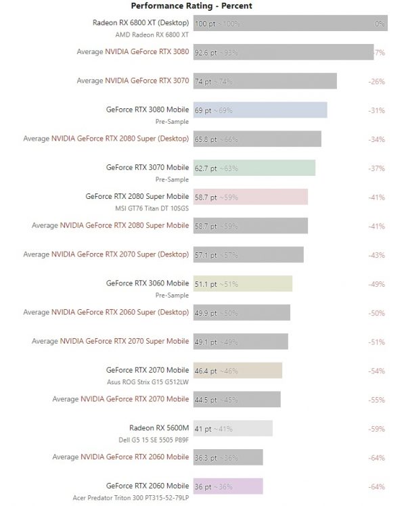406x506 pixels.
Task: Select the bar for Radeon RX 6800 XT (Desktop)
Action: click(x=290, y=24)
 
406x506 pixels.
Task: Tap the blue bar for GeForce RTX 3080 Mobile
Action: click(x=260, y=110)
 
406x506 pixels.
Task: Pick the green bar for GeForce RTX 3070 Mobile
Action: click(x=254, y=168)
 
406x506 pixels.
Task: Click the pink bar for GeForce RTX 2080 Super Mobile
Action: click(x=250, y=197)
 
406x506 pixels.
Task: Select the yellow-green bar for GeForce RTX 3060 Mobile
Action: click(x=242, y=284)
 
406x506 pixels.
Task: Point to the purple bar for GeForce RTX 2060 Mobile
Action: click(x=227, y=486)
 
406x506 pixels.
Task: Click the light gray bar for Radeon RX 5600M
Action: click(x=233, y=428)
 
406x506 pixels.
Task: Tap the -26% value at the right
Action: click(x=376, y=82)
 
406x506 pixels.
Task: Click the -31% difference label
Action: click(x=376, y=110)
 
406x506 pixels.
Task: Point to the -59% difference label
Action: click(x=376, y=429)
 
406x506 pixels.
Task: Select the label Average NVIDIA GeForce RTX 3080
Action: click(x=133, y=52)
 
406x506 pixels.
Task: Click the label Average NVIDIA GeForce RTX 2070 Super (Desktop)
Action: click(x=106, y=255)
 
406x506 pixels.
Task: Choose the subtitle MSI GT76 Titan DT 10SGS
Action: click(x=152, y=208)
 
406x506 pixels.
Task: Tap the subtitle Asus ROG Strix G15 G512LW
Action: click(x=148, y=382)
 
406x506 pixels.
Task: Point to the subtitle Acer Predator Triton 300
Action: click(x=131, y=498)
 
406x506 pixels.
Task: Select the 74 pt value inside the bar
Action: click(x=204, y=82)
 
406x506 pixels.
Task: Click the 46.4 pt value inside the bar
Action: click(x=206, y=371)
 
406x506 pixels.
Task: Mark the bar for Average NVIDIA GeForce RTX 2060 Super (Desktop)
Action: click(x=242, y=313)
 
